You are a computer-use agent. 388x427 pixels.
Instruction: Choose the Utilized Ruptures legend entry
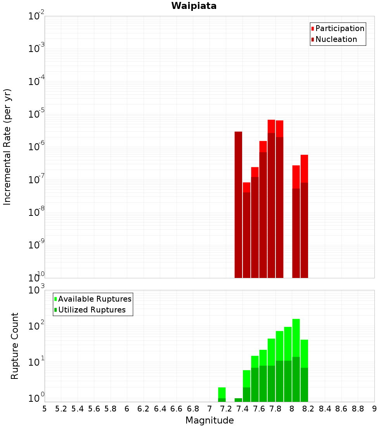(92, 310)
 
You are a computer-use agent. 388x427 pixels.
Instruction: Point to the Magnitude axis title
(210, 420)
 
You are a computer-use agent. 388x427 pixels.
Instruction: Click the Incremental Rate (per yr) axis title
(7, 147)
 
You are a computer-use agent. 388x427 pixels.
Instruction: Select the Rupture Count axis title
(15, 345)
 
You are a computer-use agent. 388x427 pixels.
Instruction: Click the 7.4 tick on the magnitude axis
(242, 409)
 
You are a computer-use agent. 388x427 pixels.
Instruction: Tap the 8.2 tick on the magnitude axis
(308, 409)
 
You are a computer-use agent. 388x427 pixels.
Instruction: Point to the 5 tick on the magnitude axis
(45, 409)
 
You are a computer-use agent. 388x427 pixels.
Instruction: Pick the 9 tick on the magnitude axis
(374, 409)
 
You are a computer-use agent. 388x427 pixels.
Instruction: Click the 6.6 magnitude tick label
(177, 409)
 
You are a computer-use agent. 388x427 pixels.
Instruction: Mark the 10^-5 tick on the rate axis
(36, 114)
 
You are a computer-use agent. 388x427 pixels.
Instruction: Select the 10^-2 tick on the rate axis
(36, 16)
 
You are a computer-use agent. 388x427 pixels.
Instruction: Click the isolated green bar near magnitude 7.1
(222, 393)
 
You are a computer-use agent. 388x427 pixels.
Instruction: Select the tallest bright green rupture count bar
(296, 338)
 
